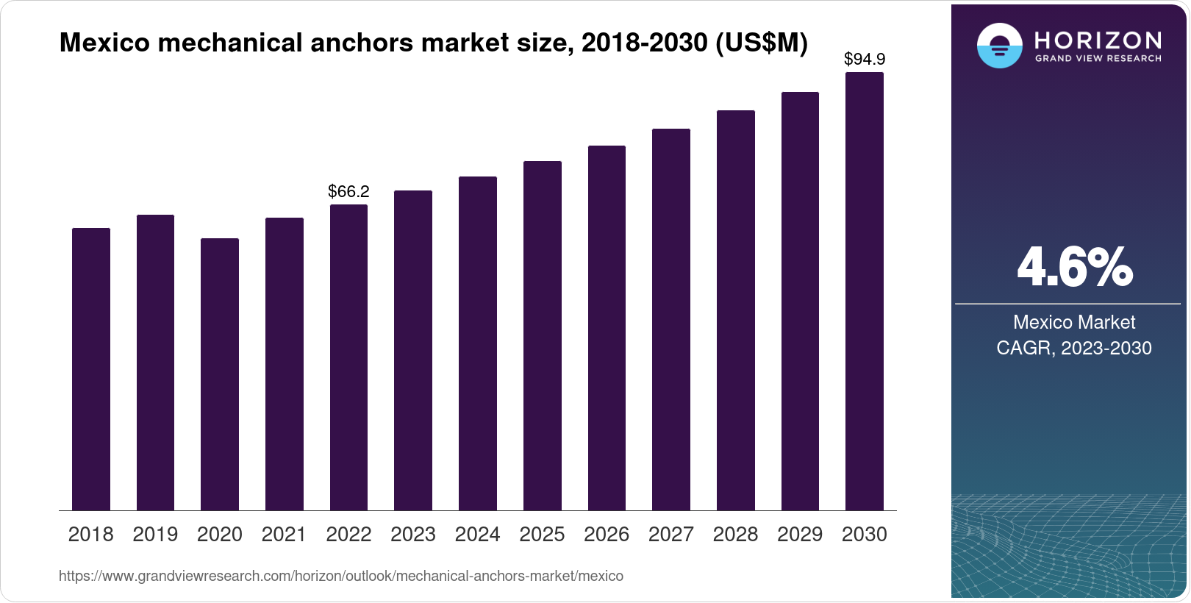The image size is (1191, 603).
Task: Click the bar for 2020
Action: [220, 374]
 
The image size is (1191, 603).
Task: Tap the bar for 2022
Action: [348, 357]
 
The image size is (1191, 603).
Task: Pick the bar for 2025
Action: [542, 335]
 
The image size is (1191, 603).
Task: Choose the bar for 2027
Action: [671, 319]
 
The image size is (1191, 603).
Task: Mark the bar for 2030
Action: [865, 291]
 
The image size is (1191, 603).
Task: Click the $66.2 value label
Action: [348, 192]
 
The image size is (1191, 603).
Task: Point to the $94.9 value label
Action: [865, 59]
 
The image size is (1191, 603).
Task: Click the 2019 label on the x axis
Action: [155, 535]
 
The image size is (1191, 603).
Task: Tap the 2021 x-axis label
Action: [284, 535]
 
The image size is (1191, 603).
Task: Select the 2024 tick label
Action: [477, 535]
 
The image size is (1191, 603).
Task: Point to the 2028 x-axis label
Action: [735, 535]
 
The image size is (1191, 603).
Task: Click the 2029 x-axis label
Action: [800, 535]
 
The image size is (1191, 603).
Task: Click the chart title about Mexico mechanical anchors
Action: [433, 43]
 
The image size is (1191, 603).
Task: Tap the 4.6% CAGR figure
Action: [1074, 268]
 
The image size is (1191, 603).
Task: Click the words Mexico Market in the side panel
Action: [1074, 322]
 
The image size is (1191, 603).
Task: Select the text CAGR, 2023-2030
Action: [1074, 348]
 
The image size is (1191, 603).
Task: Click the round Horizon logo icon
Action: [999, 46]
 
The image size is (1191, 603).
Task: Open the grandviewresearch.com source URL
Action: [341, 577]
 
